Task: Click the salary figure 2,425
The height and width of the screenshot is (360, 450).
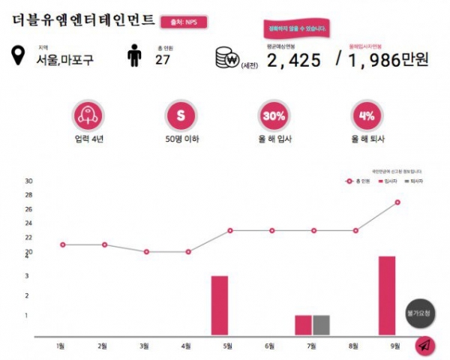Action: click(x=297, y=60)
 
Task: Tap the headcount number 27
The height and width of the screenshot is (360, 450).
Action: click(x=162, y=60)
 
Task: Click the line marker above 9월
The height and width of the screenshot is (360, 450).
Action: click(x=397, y=202)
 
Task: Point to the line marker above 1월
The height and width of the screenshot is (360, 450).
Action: click(x=62, y=244)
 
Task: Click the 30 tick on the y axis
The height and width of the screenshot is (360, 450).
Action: click(x=29, y=181)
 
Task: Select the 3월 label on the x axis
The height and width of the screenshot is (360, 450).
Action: click(x=145, y=346)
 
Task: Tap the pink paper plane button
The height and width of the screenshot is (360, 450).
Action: click(x=424, y=346)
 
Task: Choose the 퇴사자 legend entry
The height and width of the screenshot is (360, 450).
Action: click(x=411, y=181)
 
